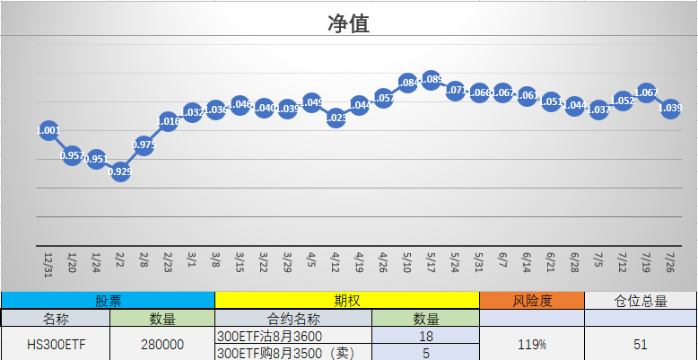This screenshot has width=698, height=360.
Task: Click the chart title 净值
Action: (348, 23)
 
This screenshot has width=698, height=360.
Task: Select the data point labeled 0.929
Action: (120, 171)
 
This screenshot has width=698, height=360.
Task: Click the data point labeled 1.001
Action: (48, 130)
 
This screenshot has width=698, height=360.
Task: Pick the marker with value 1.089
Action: (431, 80)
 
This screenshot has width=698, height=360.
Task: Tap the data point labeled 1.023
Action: (336, 118)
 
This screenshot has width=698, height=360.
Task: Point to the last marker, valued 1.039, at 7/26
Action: (670, 109)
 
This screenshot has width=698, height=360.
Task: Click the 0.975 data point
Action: (144, 145)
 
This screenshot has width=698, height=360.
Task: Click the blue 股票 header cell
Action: (108, 301)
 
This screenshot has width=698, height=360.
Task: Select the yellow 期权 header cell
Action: (347, 301)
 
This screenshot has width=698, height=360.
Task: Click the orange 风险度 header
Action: (532, 301)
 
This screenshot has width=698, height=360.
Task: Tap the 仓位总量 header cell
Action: (641, 301)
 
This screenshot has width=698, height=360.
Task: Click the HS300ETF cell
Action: (55, 343)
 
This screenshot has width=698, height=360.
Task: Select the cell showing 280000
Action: (162, 343)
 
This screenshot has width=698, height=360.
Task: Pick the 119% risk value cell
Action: (532, 343)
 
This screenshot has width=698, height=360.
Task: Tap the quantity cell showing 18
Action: (425, 335)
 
